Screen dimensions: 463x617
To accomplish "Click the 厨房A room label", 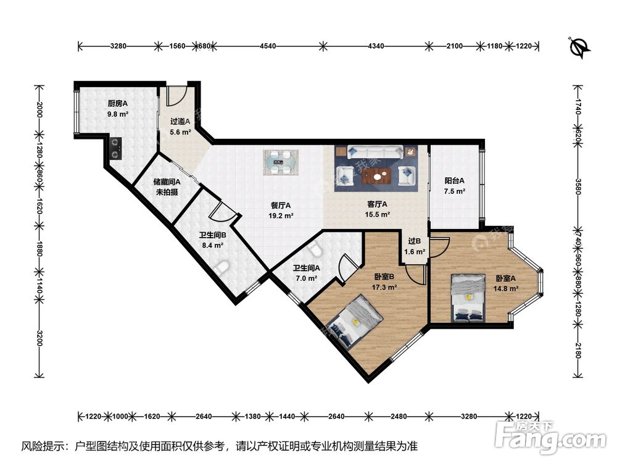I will [x=117, y=109].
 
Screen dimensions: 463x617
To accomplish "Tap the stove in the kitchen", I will [x=115, y=146].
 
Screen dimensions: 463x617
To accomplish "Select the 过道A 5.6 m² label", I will [x=180, y=127].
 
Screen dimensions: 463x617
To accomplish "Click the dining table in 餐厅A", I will [x=281, y=162].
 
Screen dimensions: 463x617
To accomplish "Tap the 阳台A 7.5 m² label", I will [x=454, y=186].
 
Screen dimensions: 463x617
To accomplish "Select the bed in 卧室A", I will [x=469, y=298].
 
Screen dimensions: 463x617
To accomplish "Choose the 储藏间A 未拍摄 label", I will [x=167, y=186].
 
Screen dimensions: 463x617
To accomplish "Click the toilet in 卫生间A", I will [x=315, y=249].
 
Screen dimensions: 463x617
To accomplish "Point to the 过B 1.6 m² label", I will [x=414, y=246].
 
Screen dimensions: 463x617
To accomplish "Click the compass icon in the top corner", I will [x=579, y=46].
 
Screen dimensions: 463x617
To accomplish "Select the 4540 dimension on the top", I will [x=268, y=46].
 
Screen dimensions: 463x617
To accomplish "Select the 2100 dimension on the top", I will [x=455, y=46].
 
